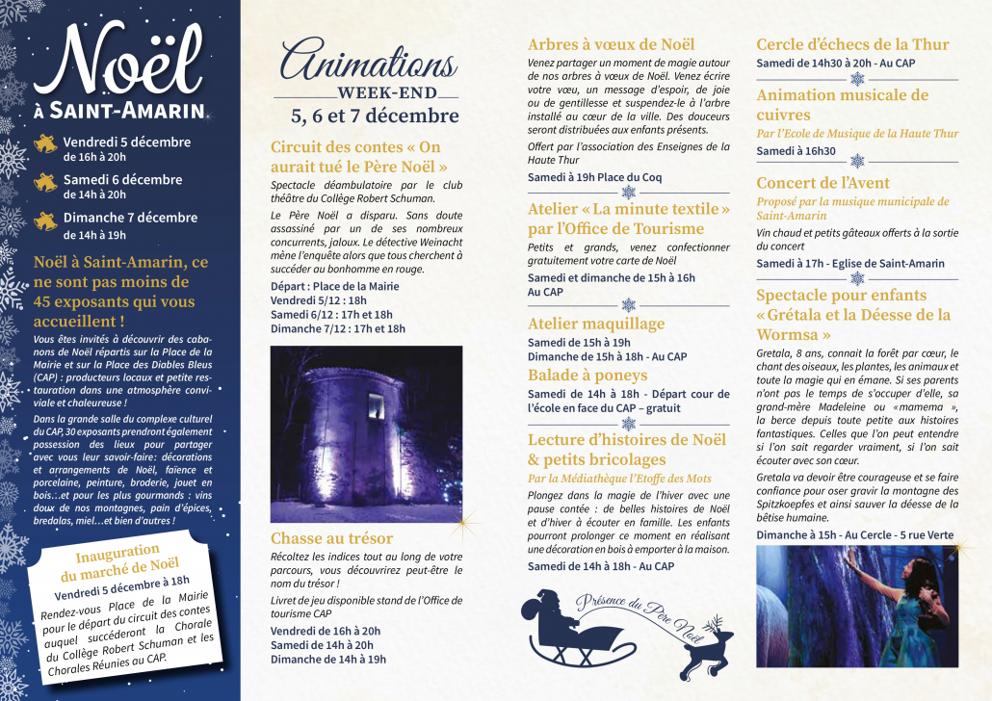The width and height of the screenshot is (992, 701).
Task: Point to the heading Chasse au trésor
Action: (x=331, y=538)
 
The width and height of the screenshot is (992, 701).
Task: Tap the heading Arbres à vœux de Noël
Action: (x=611, y=44)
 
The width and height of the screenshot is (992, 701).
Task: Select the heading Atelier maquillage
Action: (x=596, y=324)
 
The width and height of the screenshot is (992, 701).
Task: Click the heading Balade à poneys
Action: (x=587, y=375)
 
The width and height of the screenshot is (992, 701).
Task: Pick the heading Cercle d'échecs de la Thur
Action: (x=852, y=44)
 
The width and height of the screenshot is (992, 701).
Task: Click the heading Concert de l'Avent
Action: (x=822, y=183)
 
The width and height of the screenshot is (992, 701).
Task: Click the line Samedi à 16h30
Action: (x=796, y=151)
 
